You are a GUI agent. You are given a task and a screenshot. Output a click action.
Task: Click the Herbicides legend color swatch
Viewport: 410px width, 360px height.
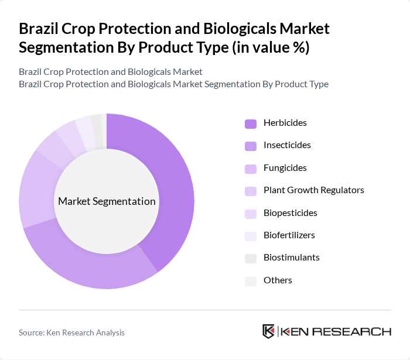(x=251, y=124)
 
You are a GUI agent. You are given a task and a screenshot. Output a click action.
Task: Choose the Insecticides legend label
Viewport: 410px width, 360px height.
(x=287, y=145)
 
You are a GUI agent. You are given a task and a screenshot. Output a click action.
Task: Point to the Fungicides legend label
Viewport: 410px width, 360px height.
(x=285, y=168)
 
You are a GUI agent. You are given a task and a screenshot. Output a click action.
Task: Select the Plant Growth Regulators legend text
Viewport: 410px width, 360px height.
(x=314, y=190)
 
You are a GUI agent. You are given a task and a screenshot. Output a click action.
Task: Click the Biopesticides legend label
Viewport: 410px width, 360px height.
(x=289, y=212)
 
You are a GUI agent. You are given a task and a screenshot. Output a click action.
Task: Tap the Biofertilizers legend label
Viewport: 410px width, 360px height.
(x=289, y=235)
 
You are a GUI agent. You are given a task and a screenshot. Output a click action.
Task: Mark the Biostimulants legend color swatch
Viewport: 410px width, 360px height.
(x=251, y=258)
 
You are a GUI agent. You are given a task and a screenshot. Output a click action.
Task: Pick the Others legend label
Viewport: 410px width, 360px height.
(x=278, y=280)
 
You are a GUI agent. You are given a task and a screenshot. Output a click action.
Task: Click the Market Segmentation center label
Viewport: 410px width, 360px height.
(x=107, y=201)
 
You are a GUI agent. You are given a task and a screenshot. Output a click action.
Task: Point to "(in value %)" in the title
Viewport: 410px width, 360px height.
(x=271, y=47)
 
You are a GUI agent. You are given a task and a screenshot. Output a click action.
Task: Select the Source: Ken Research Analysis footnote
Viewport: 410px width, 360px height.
(x=71, y=332)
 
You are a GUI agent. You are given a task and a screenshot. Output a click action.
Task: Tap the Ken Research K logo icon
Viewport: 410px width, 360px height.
(x=269, y=331)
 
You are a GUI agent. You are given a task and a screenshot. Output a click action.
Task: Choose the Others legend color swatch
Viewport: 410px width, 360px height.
(x=251, y=281)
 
